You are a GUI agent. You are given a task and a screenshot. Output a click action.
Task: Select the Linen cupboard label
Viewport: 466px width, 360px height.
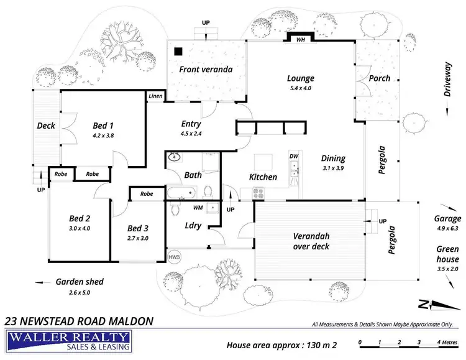click(x=155, y=96)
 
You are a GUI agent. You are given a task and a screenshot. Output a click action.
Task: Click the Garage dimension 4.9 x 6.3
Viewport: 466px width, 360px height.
click(x=447, y=228)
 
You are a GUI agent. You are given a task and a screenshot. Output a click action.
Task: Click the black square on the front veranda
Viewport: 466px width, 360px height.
click(x=178, y=52)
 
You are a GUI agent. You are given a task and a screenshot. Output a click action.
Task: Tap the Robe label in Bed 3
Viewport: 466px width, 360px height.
click(x=147, y=194)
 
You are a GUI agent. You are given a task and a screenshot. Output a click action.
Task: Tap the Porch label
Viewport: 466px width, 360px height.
click(x=380, y=78)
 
